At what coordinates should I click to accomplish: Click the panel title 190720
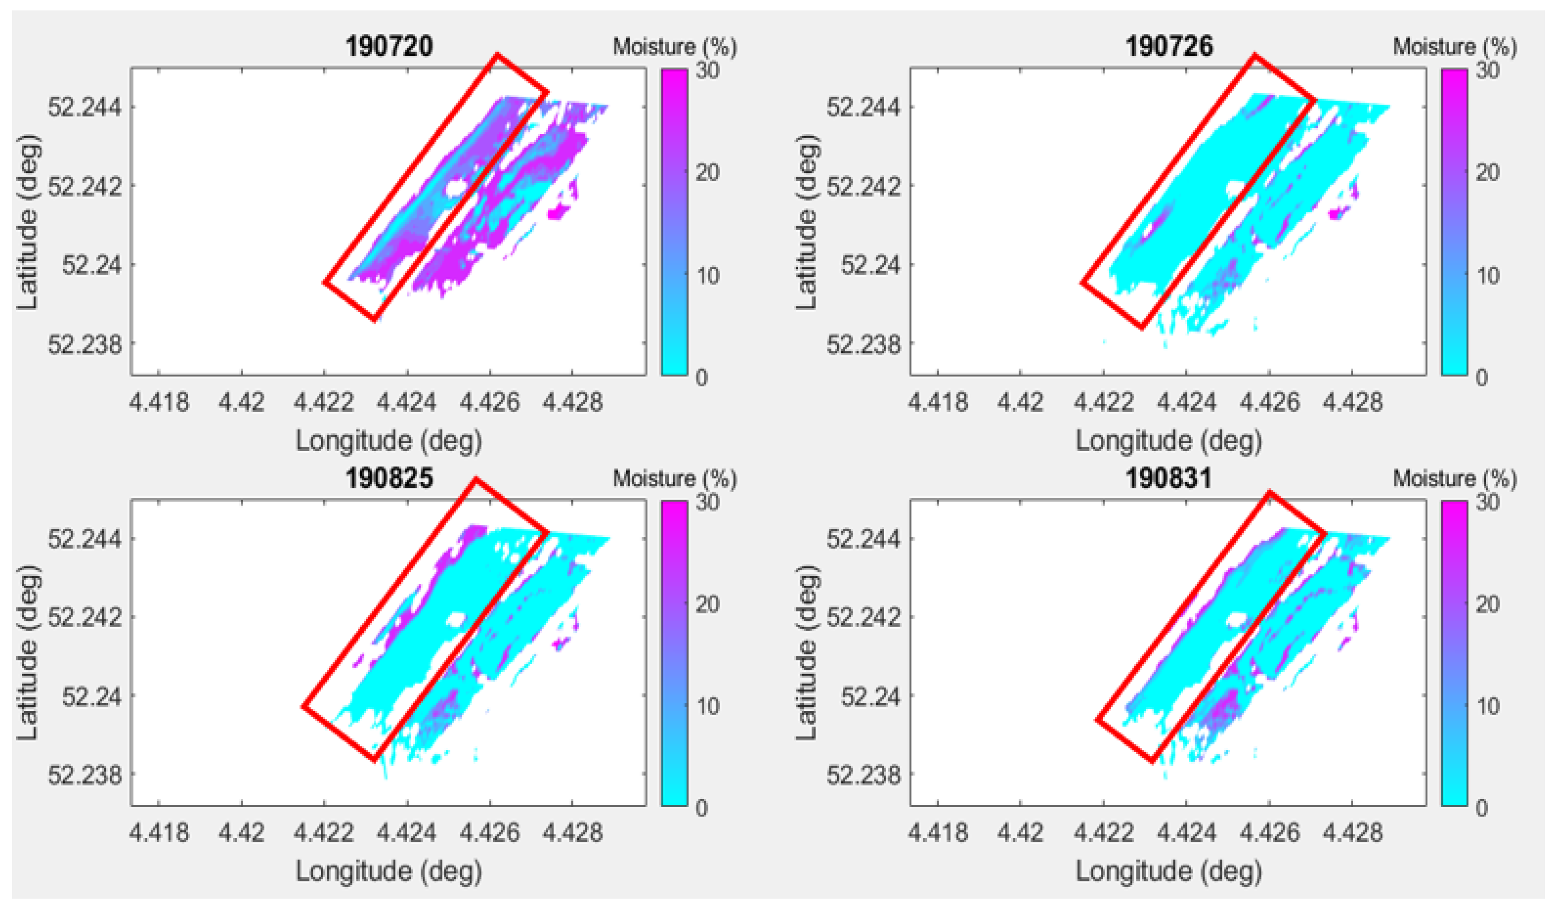(389, 47)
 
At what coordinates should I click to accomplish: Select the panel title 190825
(389, 478)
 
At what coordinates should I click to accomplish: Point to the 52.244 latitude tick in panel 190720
(84, 107)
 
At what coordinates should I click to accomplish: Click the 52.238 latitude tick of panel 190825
(84, 774)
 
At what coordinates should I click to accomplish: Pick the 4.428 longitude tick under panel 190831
(1352, 833)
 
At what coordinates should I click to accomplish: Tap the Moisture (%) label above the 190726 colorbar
(1454, 47)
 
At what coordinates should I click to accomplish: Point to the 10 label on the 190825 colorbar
(707, 705)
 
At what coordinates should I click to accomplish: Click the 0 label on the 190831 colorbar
(1481, 808)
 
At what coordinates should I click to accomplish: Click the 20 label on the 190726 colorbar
(1487, 173)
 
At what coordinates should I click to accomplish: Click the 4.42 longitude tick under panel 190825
(241, 833)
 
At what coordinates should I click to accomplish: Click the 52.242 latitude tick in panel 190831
(864, 617)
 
